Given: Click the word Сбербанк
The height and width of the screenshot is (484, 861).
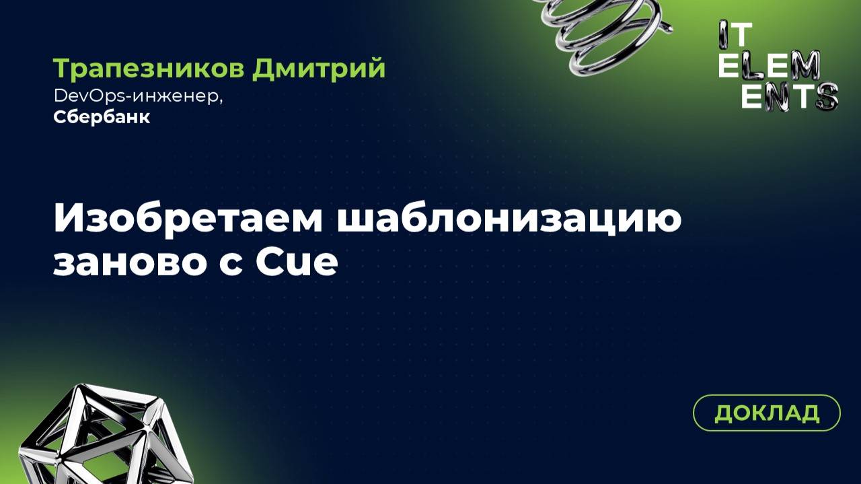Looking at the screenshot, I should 102,117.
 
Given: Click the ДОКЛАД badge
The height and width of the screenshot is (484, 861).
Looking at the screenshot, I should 766,413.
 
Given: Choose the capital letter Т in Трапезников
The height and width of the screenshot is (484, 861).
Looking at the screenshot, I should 61,69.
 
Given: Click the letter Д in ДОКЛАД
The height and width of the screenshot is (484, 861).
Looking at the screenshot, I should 724,413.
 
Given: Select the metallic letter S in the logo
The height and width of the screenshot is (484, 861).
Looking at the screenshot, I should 825,96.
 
